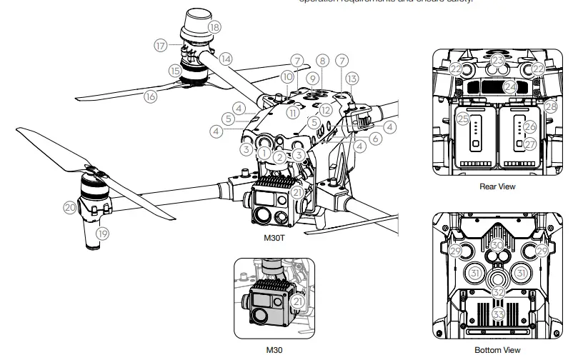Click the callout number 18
point(214,27)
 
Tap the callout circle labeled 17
point(160,44)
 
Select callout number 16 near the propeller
point(151,96)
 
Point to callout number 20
point(69,207)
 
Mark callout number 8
point(323,61)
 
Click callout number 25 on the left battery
point(463,118)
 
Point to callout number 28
point(550,106)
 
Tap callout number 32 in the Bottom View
point(499,291)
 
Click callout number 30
point(498,245)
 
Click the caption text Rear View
point(498,186)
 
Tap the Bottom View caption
point(497,350)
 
